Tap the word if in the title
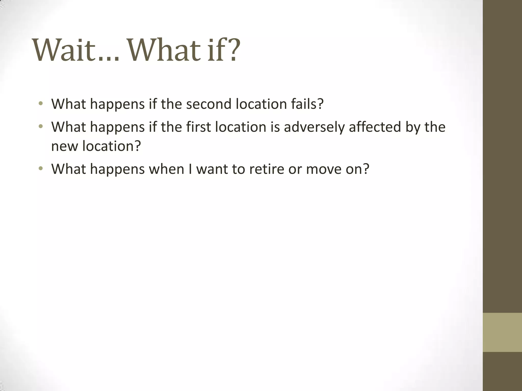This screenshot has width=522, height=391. pyautogui.click(x=213, y=50)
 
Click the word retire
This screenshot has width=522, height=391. pyautogui.click(x=267, y=169)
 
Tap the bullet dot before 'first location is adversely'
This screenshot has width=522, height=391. pyautogui.click(x=41, y=126)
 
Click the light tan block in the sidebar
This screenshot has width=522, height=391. pyautogui.click(x=502, y=332)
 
